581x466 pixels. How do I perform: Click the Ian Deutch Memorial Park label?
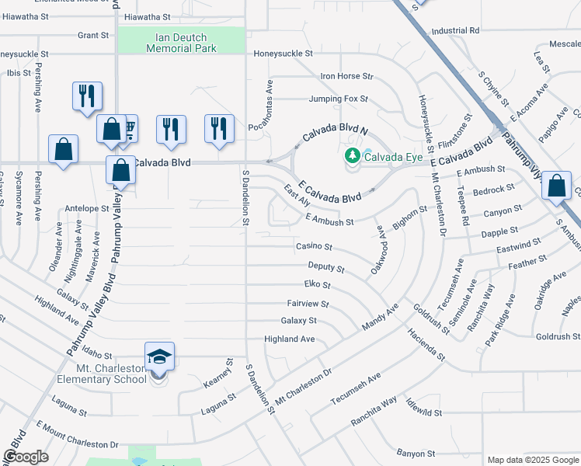[x=181, y=41]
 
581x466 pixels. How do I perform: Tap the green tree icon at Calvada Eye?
[x=353, y=156]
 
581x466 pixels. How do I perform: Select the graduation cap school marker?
[x=159, y=356]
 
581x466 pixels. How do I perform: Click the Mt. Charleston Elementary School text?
[x=102, y=374]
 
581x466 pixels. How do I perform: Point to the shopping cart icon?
[x=128, y=127]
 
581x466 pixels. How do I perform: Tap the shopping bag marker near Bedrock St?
[x=556, y=186]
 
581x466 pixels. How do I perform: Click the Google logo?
[x=26, y=457]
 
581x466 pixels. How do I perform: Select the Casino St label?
[x=314, y=247]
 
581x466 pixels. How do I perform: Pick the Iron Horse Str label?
[x=347, y=76]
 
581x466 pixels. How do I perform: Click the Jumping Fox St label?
[x=338, y=99]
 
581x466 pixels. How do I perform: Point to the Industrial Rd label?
[x=456, y=31]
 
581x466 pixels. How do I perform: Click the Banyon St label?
[x=416, y=454]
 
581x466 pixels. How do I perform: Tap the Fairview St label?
[x=308, y=304]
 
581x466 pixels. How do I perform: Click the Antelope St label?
[x=87, y=209]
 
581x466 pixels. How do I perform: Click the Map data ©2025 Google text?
[x=533, y=460]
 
